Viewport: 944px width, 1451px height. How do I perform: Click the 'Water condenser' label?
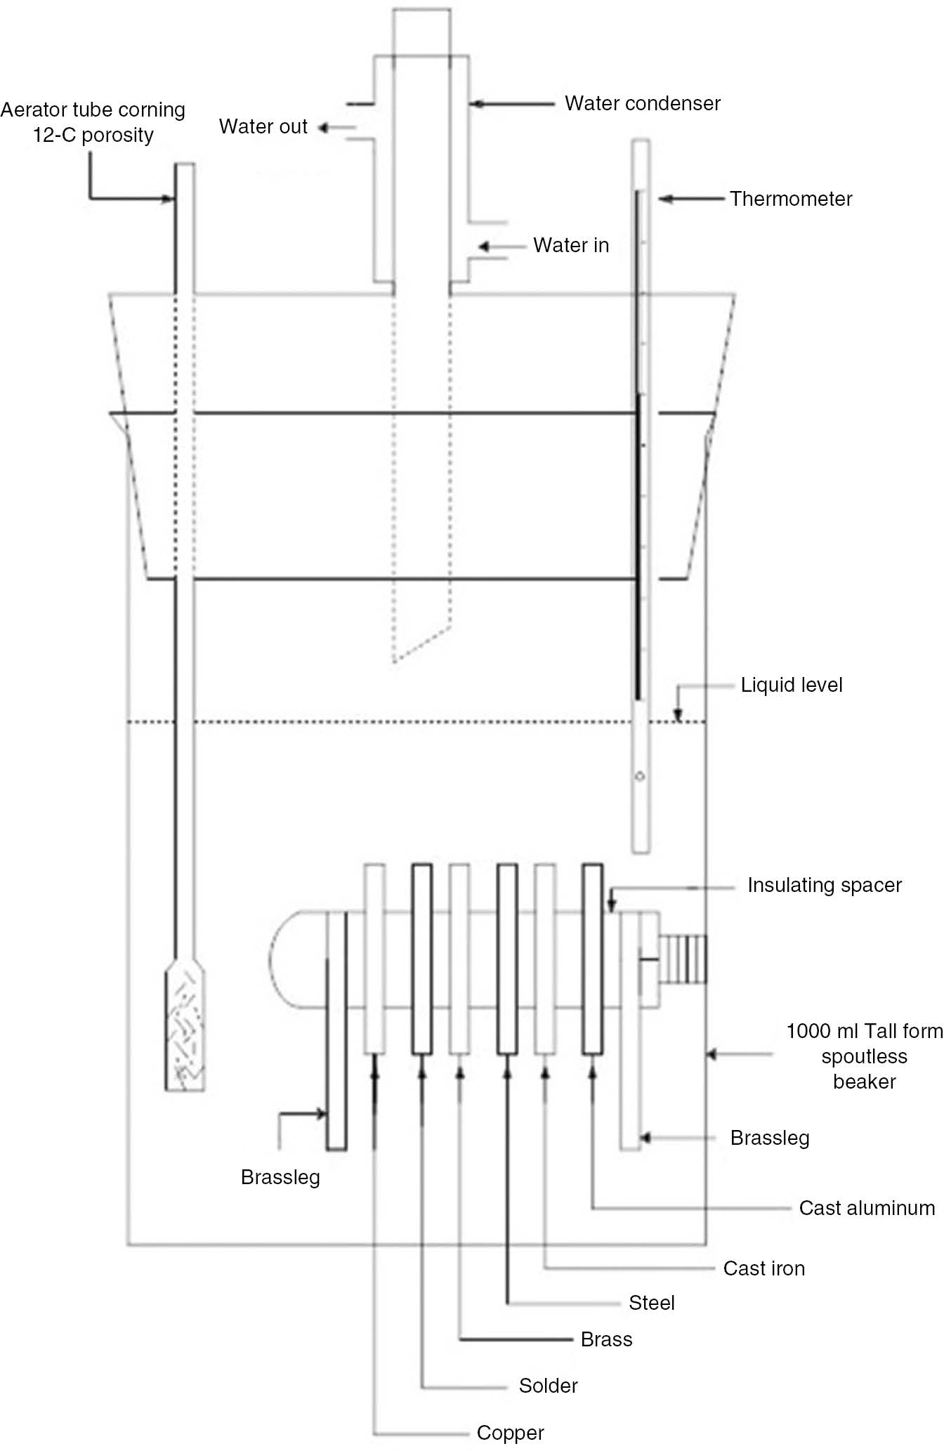[x=642, y=103]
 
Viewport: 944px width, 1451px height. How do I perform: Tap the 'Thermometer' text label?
[x=790, y=199]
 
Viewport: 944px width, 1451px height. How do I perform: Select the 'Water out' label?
[x=263, y=126]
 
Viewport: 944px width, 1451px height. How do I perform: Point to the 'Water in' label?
[x=570, y=245]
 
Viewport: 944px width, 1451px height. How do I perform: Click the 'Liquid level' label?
[x=791, y=685]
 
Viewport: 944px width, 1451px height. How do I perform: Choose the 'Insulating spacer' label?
[x=824, y=885]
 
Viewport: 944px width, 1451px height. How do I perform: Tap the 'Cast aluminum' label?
[x=867, y=1208]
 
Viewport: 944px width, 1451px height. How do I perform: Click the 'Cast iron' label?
[x=763, y=1268]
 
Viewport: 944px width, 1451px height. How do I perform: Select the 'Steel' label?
[x=651, y=1303]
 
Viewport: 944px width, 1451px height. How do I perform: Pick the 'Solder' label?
[x=548, y=1386]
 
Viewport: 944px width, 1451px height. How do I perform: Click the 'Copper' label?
[x=510, y=1433]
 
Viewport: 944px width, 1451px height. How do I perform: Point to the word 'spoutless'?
[x=864, y=1056]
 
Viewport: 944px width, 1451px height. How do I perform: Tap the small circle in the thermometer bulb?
[x=640, y=777]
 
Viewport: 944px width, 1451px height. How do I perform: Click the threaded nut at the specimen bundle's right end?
[x=683, y=959]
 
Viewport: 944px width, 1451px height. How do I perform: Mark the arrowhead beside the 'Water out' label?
[x=323, y=128]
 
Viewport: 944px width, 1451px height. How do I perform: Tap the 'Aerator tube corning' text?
[x=93, y=110]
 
